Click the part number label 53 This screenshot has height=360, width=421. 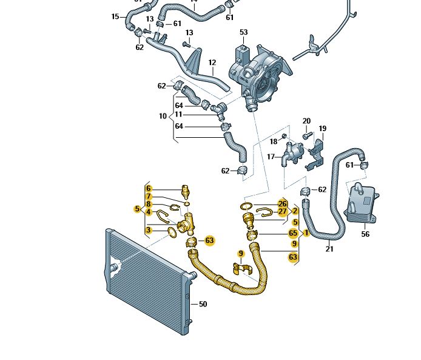tap(244, 32)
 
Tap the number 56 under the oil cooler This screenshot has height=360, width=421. tap(365, 234)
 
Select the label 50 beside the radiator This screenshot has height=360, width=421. tap(203, 304)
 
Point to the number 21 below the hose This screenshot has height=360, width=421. tap(329, 248)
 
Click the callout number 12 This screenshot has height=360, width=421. tap(212, 63)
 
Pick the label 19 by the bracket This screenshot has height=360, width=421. tap(323, 128)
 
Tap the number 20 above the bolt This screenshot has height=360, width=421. tap(306, 121)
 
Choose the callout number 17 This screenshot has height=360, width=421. tap(271, 157)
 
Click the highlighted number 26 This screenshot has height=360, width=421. tap(282, 203)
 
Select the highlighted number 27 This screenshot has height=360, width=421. tap(282, 212)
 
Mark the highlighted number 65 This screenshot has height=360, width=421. tap(293, 233)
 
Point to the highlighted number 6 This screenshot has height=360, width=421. tap(148, 188)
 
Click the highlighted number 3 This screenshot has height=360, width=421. tap(148, 229)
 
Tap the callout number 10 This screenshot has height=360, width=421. tap(163, 115)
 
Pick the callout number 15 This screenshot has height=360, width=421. tap(115, 16)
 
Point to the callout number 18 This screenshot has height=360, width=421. tap(274, 141)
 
